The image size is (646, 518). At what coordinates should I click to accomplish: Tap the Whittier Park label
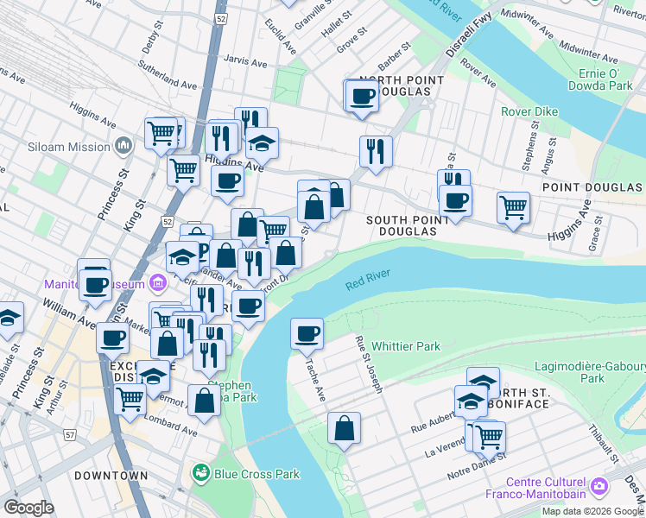point(407,346)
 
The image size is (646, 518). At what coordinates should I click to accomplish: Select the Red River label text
point(368,280)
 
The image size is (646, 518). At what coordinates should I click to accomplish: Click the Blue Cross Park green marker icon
point(201,473)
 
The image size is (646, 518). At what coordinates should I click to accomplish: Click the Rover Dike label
point(529,111)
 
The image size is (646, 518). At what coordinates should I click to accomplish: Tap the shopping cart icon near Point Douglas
point(513,207)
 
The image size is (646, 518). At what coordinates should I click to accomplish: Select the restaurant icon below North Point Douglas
point(376,151)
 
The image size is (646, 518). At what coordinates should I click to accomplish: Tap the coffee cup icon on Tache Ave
point(307,333)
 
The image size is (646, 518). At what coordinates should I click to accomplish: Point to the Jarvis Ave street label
point(245,62)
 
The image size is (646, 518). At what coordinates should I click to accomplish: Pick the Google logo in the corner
point(28,508)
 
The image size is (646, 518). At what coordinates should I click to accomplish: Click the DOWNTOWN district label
point(111,476)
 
